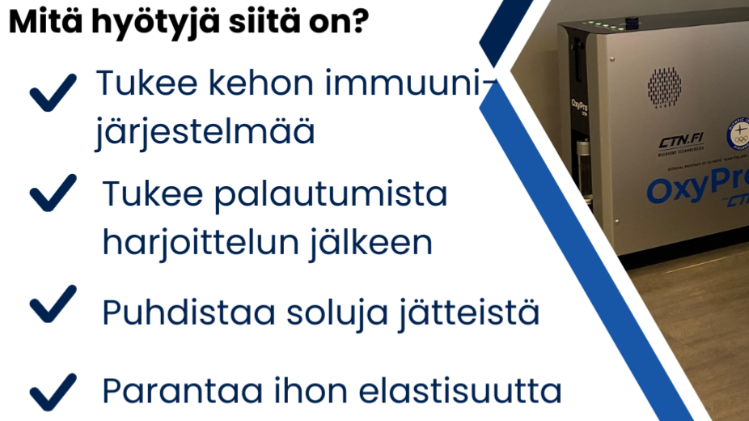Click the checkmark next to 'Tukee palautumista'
click(53, 193)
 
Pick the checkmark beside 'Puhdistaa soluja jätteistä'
click(53, 305)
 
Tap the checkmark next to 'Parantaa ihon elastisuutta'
click(53, 393)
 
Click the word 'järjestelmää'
click(205, 132)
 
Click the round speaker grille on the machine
click(664, 87)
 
